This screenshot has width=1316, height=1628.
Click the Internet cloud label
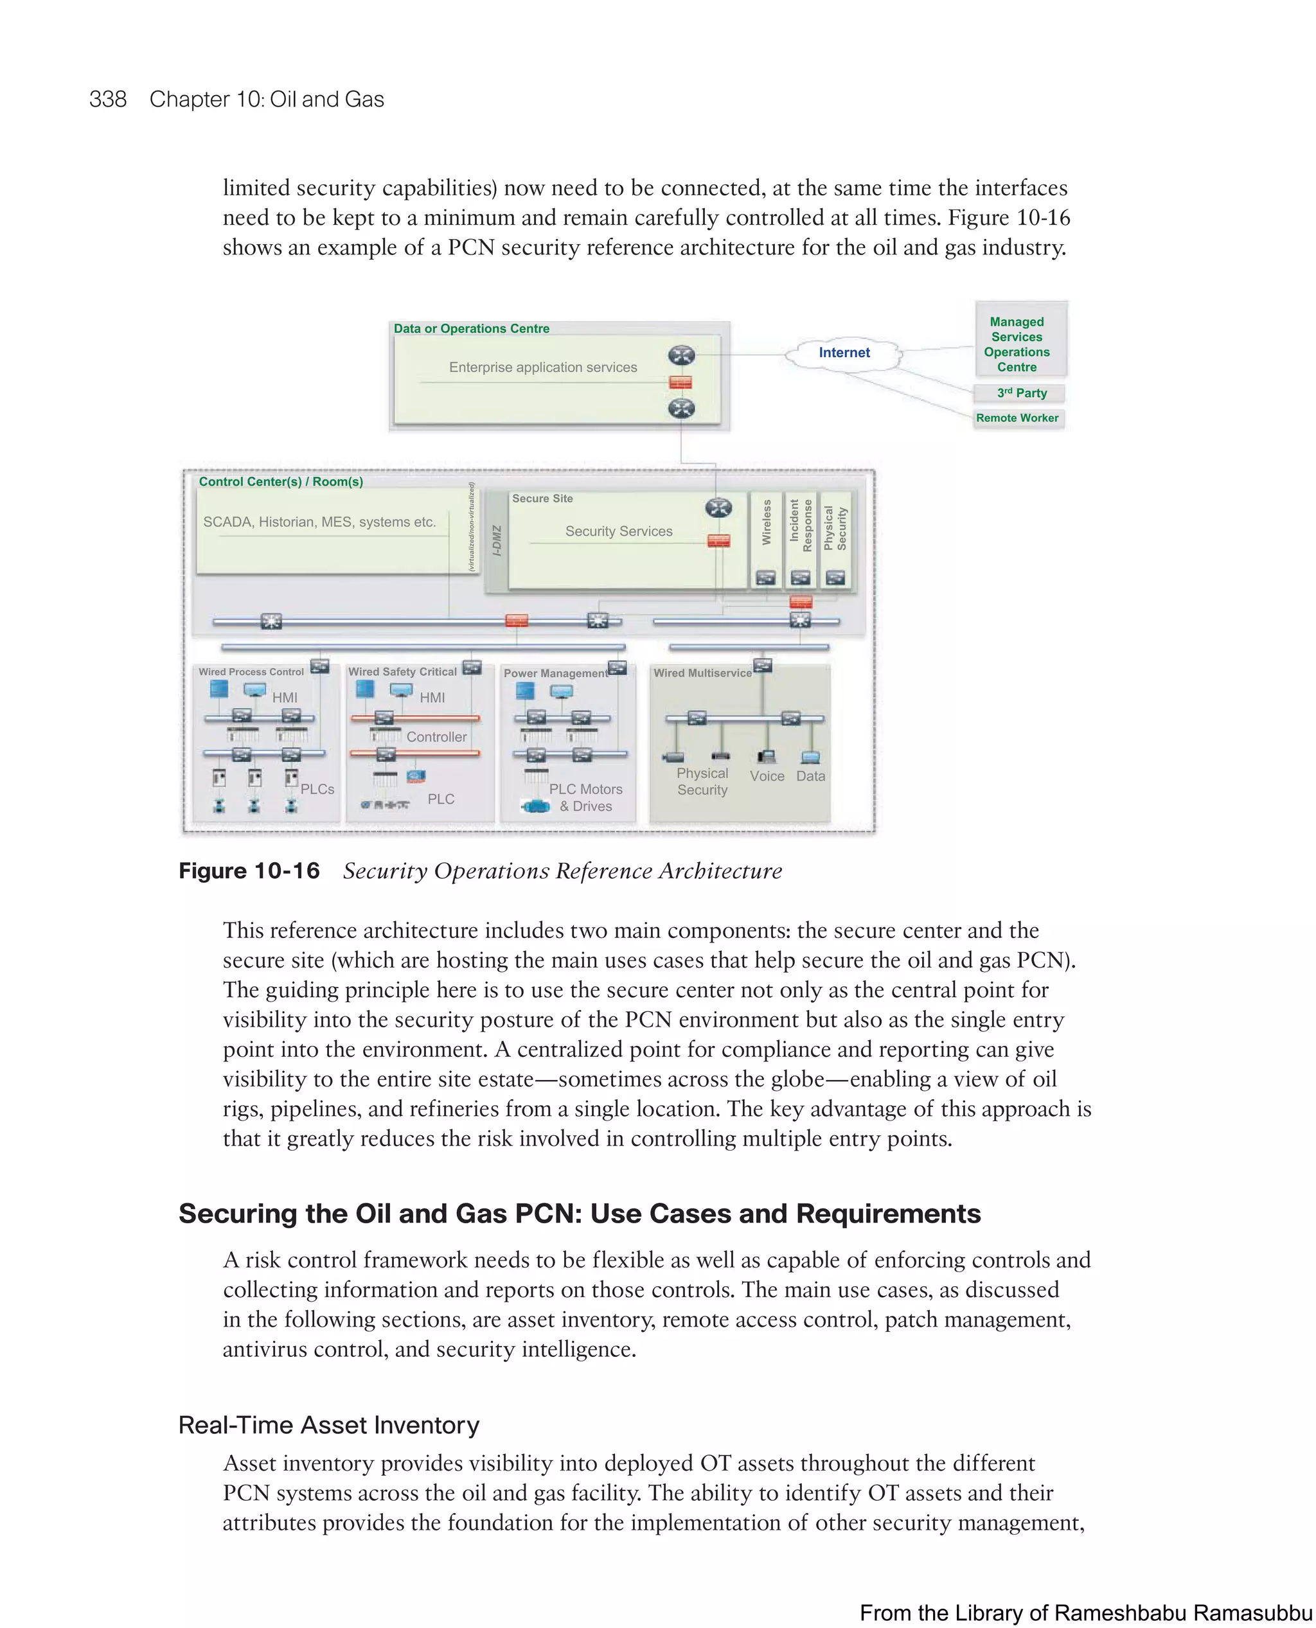point(844,353)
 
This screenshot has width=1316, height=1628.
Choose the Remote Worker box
point(1017,418)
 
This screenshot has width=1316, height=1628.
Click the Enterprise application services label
point(543,367)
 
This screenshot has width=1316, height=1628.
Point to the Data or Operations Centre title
point(472,329)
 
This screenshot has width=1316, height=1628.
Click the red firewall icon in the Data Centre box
point(680,382)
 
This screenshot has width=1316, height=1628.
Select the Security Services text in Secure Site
point(619,531)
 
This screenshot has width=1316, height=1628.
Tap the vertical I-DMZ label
point(497,540)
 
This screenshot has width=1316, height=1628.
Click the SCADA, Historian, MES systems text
point(319,522)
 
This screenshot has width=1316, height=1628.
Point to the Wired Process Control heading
point(251,672)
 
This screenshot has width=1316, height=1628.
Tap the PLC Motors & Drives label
point(585,797)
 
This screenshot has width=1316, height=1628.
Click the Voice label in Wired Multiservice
point(767,776)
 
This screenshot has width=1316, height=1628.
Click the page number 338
point(108,100)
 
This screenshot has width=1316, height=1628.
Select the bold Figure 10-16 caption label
point(249,871)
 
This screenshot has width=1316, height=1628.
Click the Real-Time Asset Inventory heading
point(328,1425)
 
